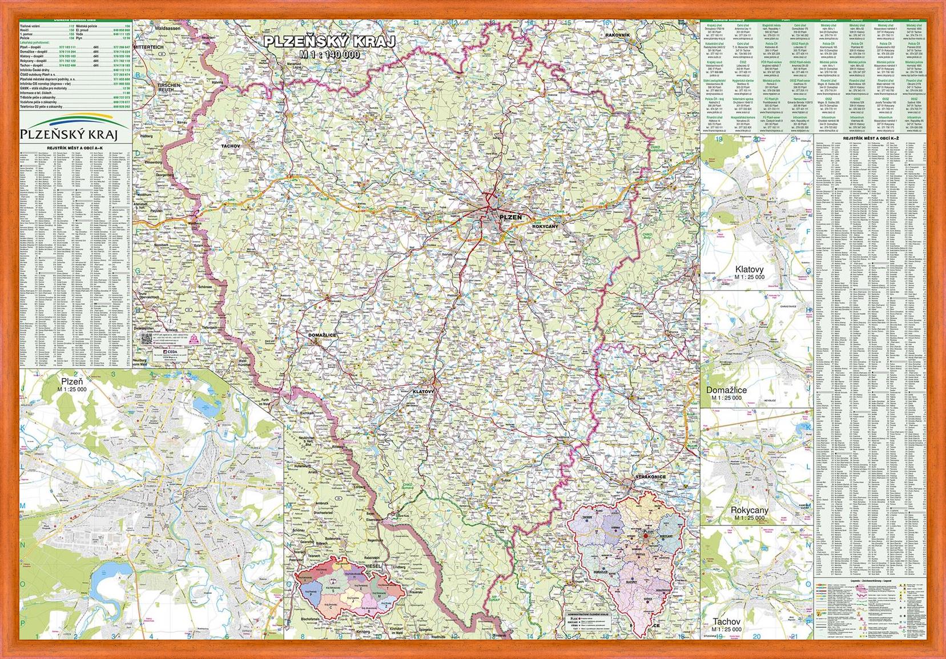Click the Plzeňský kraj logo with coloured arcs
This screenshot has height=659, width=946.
point(69,127)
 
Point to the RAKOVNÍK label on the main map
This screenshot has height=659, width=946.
point(617,35)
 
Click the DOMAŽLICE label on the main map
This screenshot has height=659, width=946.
point(322,335)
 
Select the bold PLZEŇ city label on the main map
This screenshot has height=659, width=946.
point(510,218)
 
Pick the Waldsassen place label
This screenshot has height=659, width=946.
point(167,28)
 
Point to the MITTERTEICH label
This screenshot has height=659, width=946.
point(148,47)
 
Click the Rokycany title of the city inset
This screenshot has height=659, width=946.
point(749,510)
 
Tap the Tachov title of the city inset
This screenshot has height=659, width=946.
point(726,621)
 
